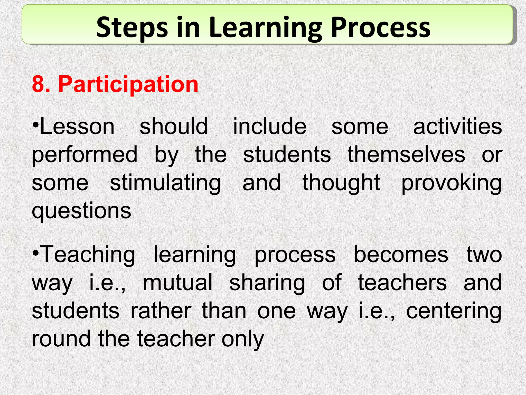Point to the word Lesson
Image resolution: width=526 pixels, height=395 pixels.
tap(77, 127)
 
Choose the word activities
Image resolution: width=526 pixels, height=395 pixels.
tap(457, 127)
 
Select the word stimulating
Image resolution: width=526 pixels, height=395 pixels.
tap(165, 183)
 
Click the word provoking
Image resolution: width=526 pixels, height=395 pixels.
tap(451, 183)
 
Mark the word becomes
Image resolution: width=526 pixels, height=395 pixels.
tap(401, 255)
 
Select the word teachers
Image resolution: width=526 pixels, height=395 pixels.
tap(402, 283)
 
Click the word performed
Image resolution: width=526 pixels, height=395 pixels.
tap(84, 155)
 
